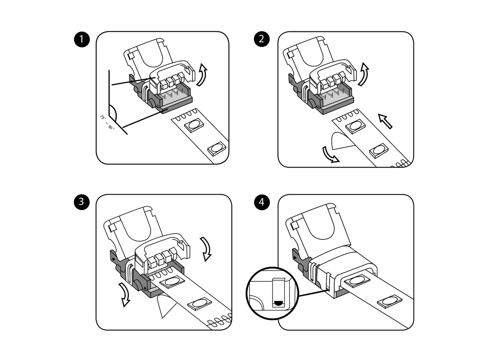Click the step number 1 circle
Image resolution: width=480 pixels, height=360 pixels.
pyautogui.click(x=82, y=39)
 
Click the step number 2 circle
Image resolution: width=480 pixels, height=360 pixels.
pyautogui.click(x=262, y=39)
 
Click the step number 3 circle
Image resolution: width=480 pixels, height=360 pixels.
pyautogui.click(x=82, y=202)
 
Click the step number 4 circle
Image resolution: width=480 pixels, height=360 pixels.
pyautogui.click(x=262, y=202)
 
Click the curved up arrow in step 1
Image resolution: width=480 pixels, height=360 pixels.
pyautogui.click(x=202, y=75)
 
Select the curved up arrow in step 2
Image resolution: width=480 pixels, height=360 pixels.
pyautogui.click(x=363, y=74)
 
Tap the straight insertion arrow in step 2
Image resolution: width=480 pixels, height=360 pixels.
pyautogui.click(x=385, y=121)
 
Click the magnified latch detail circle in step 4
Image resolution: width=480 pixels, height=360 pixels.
pyautogui.click(x=272, y=293)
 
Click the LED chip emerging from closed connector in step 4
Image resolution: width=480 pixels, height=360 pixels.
pyautogui.click(x=356, y=281)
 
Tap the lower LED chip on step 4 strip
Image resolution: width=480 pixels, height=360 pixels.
pyautogui.click(x=389, y=301)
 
